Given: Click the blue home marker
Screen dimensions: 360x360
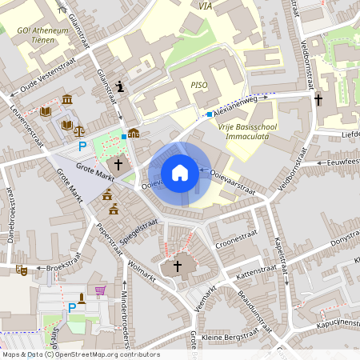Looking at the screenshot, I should click(x=180, y=173).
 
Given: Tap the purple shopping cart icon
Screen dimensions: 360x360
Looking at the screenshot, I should click(x=101, y=291).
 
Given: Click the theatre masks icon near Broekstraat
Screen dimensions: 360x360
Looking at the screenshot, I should click(x=23, y=270).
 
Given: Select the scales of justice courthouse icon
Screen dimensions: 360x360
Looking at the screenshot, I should click(x=78, y=126).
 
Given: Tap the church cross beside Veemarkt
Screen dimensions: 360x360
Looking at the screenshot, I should click(x=178, y=266).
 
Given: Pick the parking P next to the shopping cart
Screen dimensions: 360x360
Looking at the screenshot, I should click(x=72, y=308).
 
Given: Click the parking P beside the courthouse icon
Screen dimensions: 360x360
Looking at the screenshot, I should click(x=82, y=146).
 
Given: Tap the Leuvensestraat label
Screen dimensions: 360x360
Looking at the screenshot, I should click(x=26, y=125).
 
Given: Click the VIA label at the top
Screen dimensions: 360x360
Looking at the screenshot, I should click(x=206, y=6).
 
